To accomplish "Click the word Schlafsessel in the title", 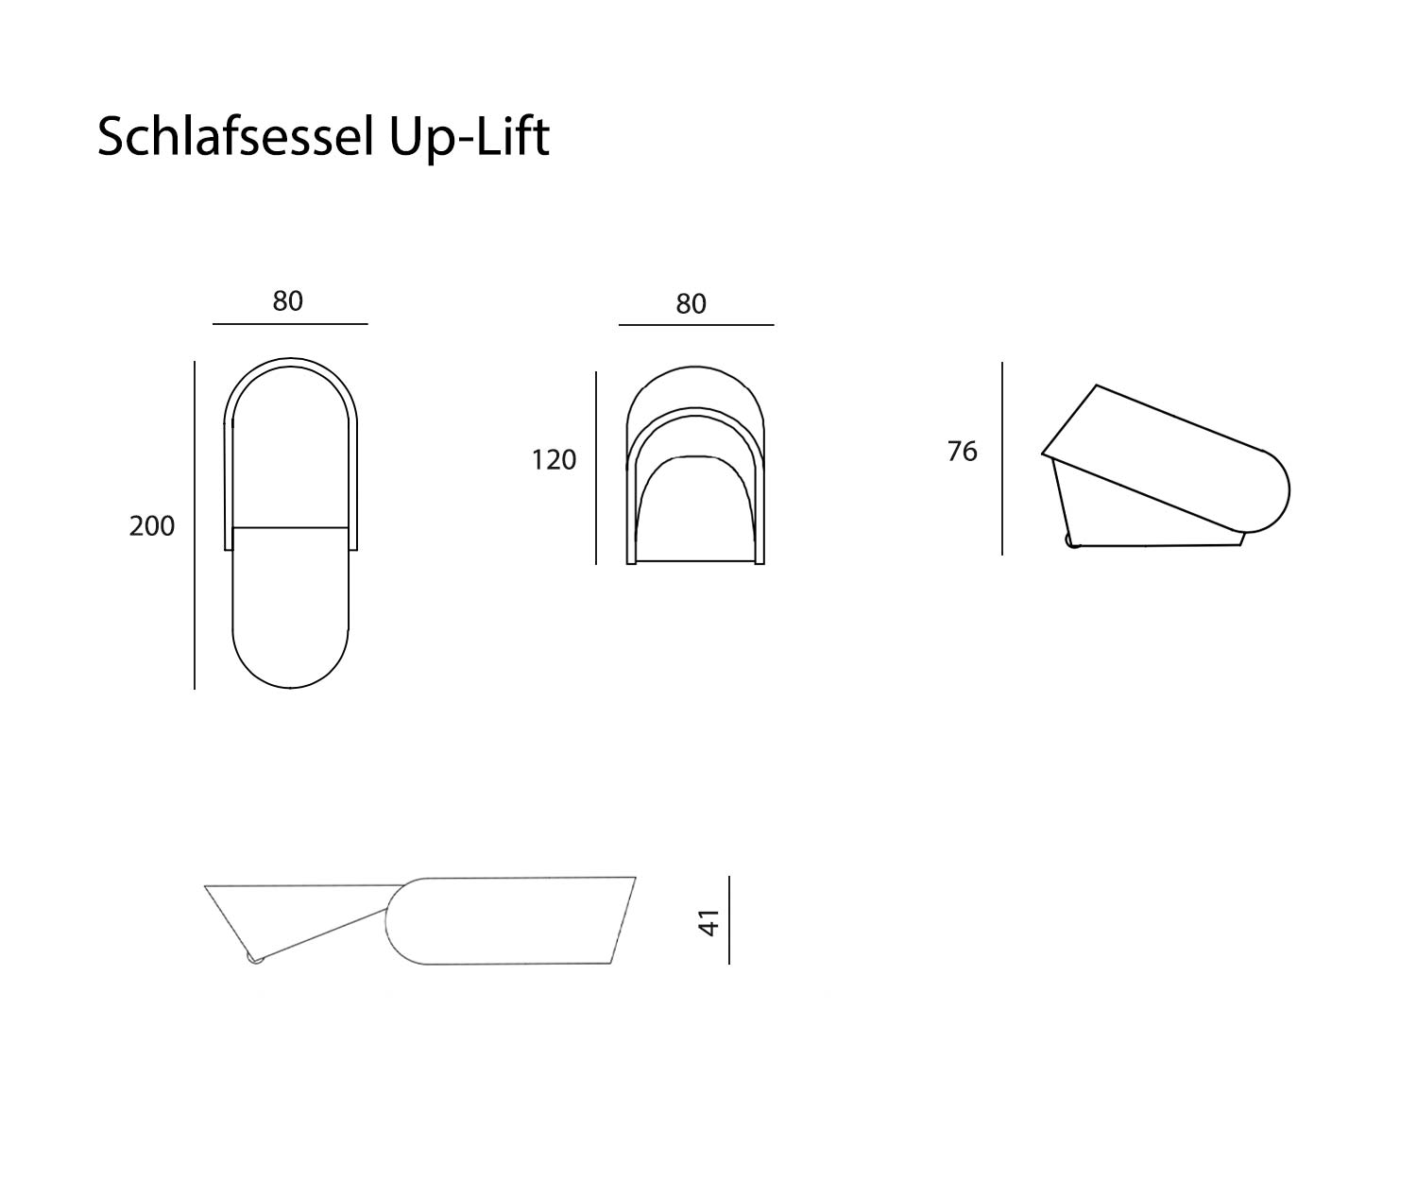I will [237, 137].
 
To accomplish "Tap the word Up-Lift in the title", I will [469, 137].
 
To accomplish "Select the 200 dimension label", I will [152, 526].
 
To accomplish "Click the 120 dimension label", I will [554, 460].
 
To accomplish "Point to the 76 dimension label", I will [962, 453].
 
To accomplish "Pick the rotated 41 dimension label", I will [709, 922].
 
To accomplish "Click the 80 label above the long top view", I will [288, 301].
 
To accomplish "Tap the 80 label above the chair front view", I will [691, 304].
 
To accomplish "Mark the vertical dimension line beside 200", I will [195, 524].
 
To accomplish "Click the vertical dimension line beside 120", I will [596, 468].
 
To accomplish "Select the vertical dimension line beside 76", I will [1002, 458].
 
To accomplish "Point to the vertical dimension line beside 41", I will [729, 920].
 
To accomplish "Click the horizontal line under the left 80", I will [290, 324].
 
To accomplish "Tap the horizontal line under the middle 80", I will [696, 325].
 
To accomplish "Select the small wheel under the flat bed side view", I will [254, 958].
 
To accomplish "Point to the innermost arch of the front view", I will [696, 457].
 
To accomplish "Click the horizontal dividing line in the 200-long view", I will [290, 527].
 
